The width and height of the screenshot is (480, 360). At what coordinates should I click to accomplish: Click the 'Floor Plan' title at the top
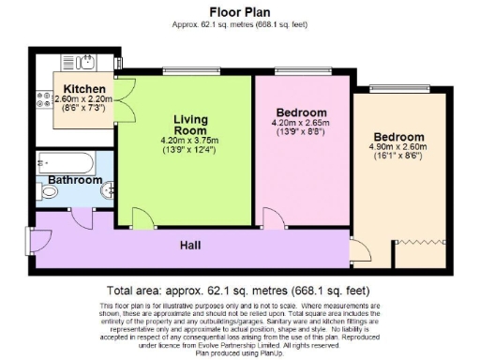[239, 14]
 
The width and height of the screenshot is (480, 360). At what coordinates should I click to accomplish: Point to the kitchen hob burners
[44, 96]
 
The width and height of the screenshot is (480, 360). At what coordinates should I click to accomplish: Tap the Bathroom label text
[75, 180]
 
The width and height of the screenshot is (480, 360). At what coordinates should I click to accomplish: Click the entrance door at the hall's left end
[39, 240]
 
